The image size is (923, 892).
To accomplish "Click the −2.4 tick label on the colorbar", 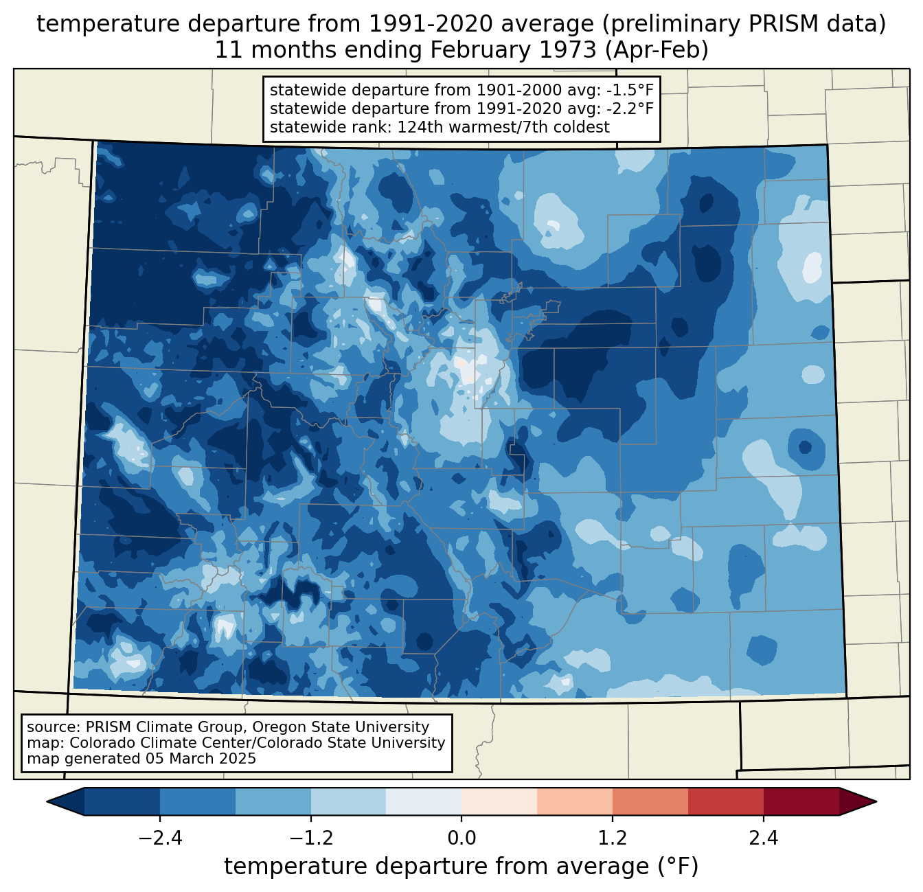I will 160,838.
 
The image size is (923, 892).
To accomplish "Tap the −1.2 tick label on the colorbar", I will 311,838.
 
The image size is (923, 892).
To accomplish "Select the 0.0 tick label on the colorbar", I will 461,838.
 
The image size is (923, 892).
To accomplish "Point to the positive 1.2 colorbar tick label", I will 613,838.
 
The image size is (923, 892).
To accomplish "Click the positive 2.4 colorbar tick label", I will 764,838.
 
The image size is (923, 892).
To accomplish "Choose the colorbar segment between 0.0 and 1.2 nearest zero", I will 499,801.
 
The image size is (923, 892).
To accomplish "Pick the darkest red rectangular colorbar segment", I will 801,801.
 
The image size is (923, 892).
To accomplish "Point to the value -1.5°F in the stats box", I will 630,90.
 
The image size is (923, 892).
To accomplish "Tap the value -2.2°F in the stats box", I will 630,108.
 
